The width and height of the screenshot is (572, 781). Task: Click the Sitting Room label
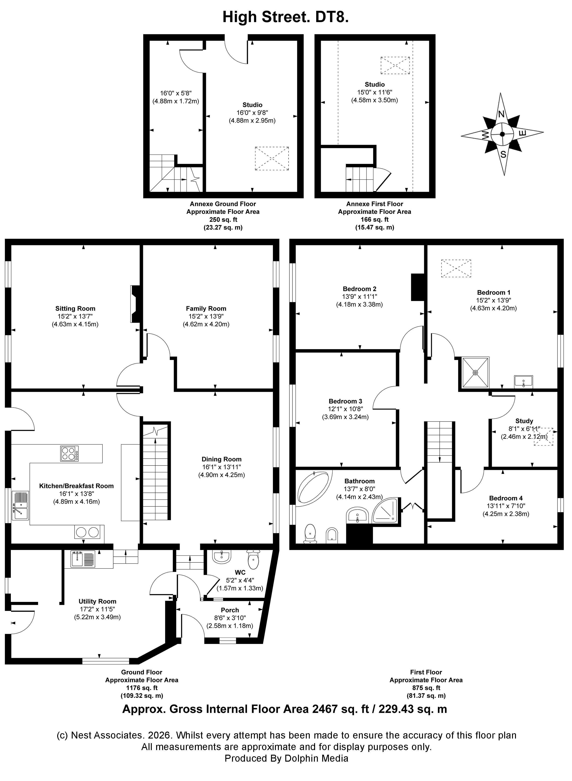pyautogui.click(x=75, y=308)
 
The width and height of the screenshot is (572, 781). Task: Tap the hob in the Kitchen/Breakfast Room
pyautogui.click(x=69, y=454)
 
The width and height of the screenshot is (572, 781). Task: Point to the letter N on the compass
pyautogui.click(x=501, y=114)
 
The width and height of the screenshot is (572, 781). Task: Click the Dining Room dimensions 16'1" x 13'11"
pyautogui.click(x=222, y=467)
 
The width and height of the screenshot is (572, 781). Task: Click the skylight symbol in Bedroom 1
pyautogui.click(x=456, y=269)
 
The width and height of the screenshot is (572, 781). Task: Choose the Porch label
pyautogui.click(x=230, y=610)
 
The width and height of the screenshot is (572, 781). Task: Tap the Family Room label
pyautogui.click(x=206, y=308)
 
